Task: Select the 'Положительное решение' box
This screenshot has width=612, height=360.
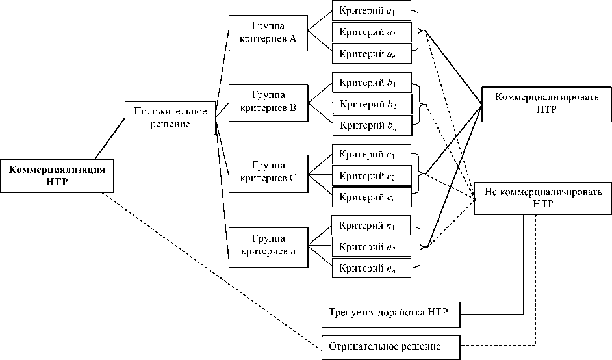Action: tap(170, 118)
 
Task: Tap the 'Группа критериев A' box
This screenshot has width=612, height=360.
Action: tap(268, 32)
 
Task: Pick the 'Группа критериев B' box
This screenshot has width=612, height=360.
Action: tap(268, 103)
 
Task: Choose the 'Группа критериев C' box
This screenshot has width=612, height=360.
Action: tap(268, 174)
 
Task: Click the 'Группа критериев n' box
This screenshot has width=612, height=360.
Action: tap(268, 246)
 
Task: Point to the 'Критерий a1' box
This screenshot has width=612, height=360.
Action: tap(371, 12)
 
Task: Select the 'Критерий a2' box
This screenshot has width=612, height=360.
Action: tap(371, 32)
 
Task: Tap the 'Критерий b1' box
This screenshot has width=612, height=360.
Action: tap(371, 83)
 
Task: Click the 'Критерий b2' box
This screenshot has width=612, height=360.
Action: tap(371, 103)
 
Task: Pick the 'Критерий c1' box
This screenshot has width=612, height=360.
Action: tap(371, 155)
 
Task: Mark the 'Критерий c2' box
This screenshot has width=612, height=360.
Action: tap(371, 176)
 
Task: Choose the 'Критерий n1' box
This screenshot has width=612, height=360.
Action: tap(371, 225)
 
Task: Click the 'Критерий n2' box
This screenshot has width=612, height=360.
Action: tap(371, 247)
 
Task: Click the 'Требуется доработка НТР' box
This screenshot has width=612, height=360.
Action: tap(391, 314)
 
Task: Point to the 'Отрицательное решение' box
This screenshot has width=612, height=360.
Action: tap(391, 346)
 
